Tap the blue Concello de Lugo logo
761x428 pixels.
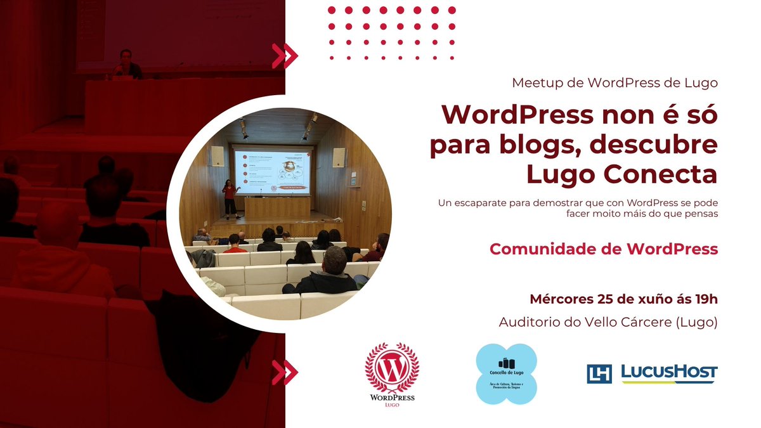[506, 374]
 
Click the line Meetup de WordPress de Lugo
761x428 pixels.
[615, 82]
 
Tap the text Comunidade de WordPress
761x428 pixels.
[603, 249]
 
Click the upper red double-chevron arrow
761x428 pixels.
[285, 56]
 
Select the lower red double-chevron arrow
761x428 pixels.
[285, 372]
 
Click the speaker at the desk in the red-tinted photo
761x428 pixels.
[126, 64]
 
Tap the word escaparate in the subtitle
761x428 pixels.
[481, 202]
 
